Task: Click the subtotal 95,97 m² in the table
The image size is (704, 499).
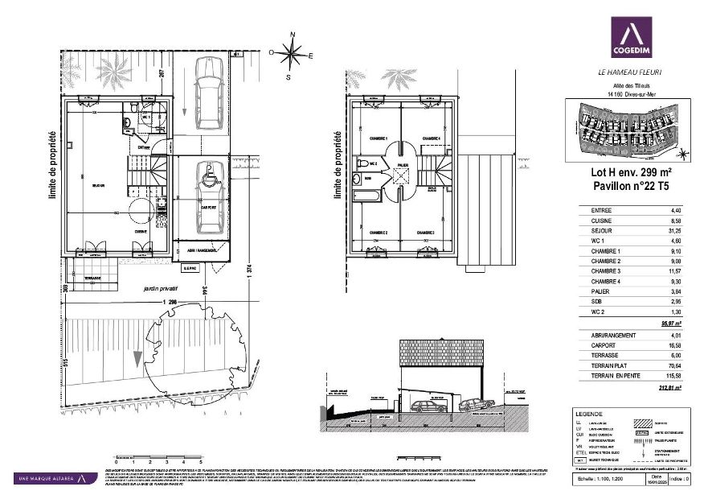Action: click(670, 323)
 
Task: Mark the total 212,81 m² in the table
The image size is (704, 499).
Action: click(670, 388)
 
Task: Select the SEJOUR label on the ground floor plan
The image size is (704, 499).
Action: click(99, 186)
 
